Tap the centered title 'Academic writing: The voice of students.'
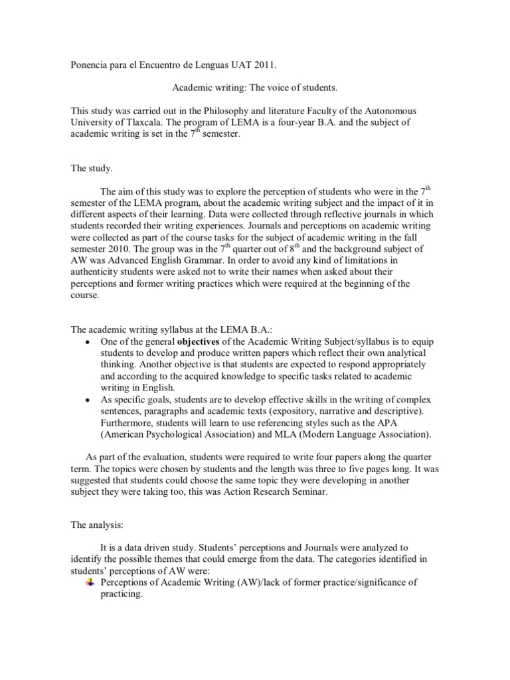pos(255,87)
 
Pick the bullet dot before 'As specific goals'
pos(88,400)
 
